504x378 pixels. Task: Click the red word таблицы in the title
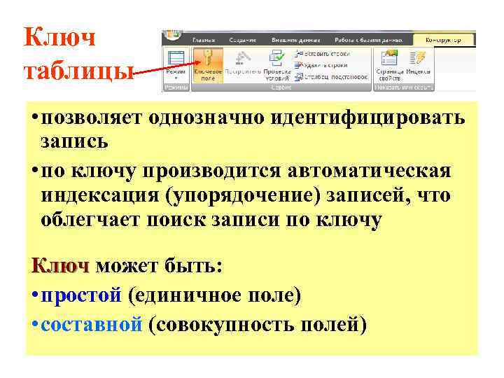point(77,71)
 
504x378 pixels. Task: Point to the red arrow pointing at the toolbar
point(150,72)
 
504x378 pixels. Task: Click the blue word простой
point(81,296)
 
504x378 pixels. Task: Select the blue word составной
point(92,325)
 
